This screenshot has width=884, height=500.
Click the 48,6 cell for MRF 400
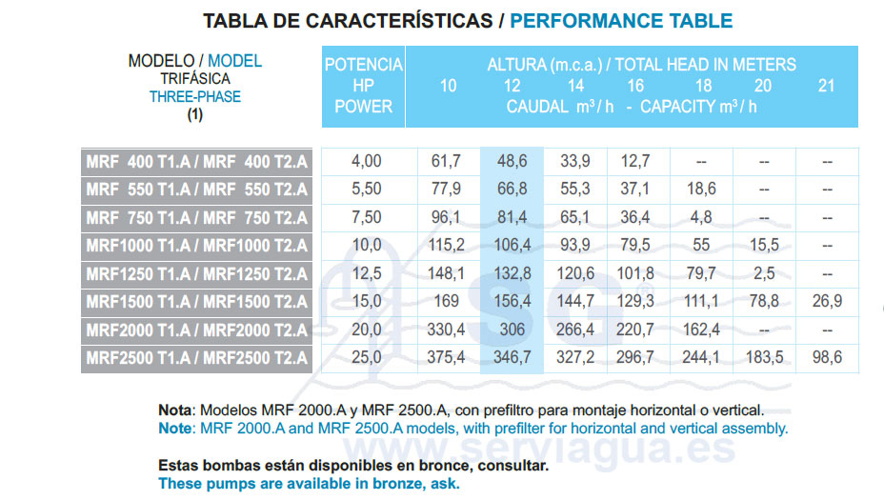click(x=512, y=161)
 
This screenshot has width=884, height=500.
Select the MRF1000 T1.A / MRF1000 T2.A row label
click(x=197, y=246)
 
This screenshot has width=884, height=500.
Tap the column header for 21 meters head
click(x=826, y=86)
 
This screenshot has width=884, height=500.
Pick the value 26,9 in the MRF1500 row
click(x=826, y=302)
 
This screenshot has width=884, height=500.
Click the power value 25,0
click(x=366, y=359)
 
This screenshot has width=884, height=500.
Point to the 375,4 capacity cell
click(x=447, y=359)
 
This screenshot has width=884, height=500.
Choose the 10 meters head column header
click(x=448, y=86)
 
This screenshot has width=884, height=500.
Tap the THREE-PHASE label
click(x=195, y=96)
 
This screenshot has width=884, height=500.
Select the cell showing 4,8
click(x=700, y=217)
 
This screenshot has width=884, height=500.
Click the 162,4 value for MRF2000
click(x=700, y=330)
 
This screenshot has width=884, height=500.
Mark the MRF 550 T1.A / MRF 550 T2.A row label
click(x=197, y=190)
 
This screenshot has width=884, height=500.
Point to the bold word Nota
click(x=175, y=410)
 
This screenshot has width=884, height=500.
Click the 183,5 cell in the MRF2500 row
click(x=763, y=359)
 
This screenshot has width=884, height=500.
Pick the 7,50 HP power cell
click(x=366, y=217)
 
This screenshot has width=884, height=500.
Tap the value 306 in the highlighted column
click(x=512, y=330)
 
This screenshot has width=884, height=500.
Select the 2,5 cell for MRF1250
click(x=763, y=274)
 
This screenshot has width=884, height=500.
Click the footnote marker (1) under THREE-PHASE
click(x=195, y=114)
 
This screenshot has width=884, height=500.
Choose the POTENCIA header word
click(x=364, y=65)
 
